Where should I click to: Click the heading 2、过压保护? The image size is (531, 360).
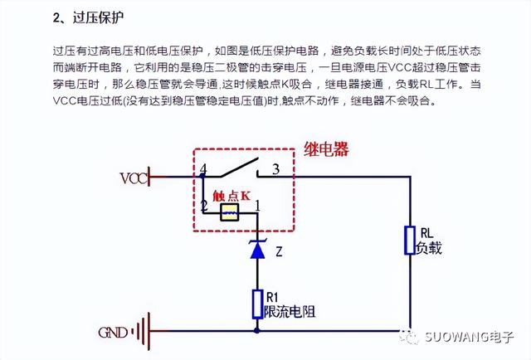coord(92,17)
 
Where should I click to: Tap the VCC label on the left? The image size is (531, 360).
coord(134,178)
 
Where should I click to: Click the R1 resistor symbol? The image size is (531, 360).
coord(257,303)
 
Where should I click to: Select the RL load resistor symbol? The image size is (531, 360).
coord(410,240)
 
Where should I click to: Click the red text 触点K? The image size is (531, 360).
coord(231,196)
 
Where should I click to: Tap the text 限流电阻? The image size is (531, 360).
coord(290,311)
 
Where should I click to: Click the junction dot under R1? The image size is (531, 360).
coord(257,330)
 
